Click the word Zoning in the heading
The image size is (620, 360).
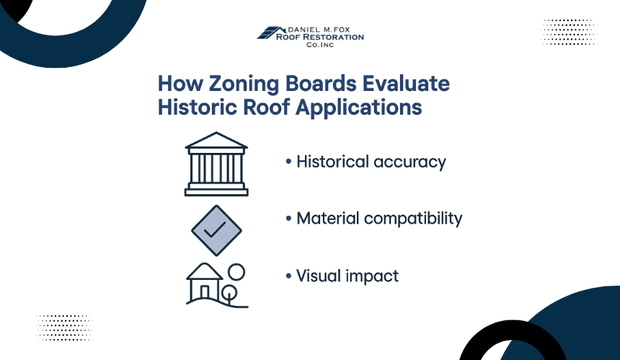click(244, 84)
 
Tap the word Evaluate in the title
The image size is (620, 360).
click(406, 84)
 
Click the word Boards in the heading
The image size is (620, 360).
click(321, 84)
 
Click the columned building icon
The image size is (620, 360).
click(216, 164)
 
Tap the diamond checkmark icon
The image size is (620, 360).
click(216, 230)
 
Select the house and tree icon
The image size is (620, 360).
click(217, 285)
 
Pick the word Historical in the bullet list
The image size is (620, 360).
click(332, 162)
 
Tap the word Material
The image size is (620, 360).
click(328, 219)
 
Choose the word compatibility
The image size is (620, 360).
click(413, 219)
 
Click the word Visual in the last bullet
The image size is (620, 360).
click(319, 276)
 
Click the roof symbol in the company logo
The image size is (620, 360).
click(271, 33)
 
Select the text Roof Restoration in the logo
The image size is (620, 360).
click(320, 37)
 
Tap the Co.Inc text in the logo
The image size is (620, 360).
click(320, 45)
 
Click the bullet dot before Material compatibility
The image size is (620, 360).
click(288, 219)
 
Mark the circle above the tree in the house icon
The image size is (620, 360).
click(236, 272)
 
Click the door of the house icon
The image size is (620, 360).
click(205, 293)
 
